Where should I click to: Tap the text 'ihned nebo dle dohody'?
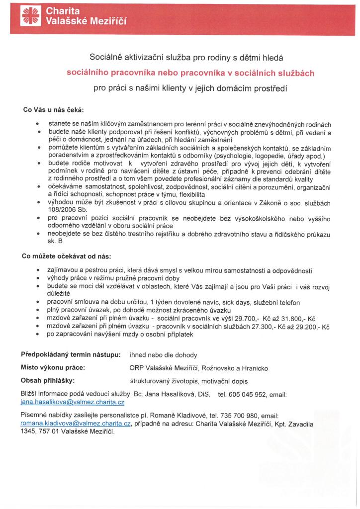tap(163, 355)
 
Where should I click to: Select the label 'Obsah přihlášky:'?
tap(47, 381)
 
